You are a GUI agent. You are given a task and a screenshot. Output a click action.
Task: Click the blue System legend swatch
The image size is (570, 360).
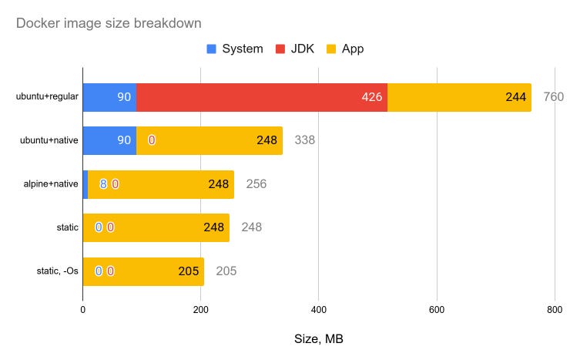point(212,49)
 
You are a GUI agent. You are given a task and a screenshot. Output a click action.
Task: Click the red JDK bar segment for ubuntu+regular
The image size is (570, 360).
point(262,96)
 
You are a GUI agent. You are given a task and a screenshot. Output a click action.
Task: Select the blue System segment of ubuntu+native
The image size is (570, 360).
point(109,140)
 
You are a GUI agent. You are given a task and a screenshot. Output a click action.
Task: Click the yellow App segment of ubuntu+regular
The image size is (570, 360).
point(459,96)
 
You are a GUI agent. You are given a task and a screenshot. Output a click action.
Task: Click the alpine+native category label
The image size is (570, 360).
point(48,184)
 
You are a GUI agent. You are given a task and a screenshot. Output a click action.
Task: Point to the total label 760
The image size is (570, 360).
point(554,97)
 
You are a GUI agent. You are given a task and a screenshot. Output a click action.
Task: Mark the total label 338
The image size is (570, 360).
point(305,140)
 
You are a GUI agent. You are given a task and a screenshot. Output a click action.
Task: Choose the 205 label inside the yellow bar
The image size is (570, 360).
point(188,271)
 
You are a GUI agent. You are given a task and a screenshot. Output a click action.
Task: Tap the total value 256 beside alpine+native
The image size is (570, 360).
point(256,184)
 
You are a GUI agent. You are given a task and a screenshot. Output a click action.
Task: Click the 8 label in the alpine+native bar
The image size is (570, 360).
point(102,184)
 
